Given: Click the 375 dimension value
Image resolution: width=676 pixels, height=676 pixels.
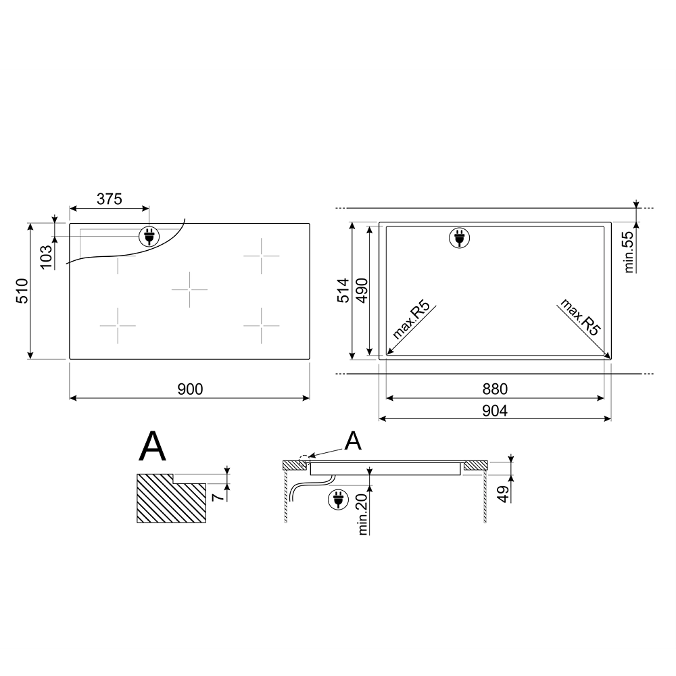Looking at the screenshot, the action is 109,199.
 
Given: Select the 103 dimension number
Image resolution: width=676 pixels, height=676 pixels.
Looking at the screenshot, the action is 46,257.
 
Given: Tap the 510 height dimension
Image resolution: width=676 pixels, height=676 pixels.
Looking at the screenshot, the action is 22,291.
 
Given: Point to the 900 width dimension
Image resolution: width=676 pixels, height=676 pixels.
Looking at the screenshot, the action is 190,389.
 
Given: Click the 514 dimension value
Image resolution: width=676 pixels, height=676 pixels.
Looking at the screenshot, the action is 343,291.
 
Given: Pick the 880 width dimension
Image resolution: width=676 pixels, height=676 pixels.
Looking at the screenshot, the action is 495,389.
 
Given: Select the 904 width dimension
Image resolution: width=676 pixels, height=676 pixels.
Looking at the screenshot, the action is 495,410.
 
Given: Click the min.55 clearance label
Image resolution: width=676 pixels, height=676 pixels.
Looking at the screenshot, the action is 629,252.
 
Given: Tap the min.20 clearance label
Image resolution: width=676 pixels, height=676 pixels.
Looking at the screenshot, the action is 362,514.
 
